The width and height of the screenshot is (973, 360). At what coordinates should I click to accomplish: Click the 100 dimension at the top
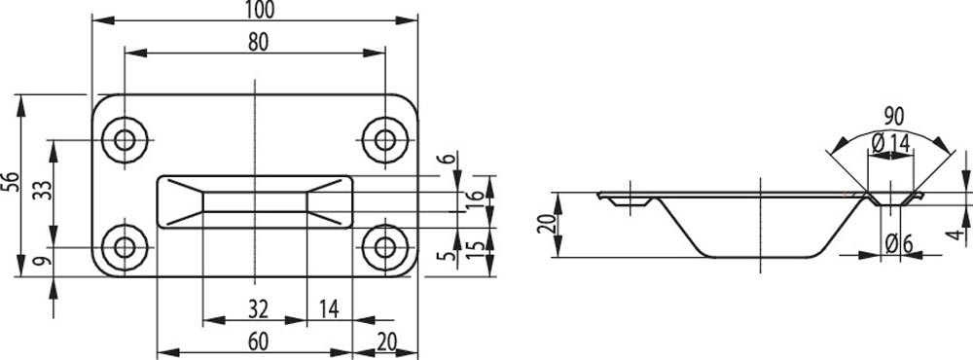[x=260, y=10]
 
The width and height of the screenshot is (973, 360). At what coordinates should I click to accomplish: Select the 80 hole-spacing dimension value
[x=258, y=42]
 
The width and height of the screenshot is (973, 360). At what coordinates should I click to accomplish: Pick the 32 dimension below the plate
[x=258, y=308]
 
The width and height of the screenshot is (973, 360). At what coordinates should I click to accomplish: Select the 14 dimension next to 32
[x=329, y=308]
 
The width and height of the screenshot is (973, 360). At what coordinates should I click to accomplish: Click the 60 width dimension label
[x=258, y=342]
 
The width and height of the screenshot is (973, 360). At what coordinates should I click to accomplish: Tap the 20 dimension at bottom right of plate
[x=386, y=342]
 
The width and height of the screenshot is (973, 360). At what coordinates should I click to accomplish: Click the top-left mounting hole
[x=125, y=140]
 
